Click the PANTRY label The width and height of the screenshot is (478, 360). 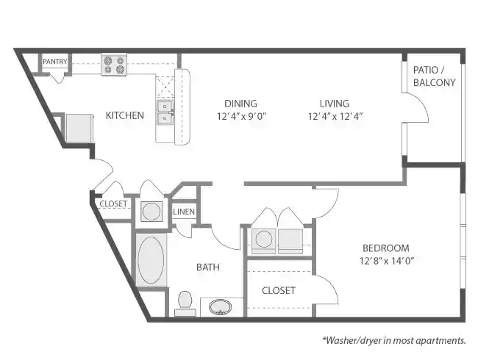[x=54, y=62]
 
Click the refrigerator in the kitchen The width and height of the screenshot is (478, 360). [x=78, y=127]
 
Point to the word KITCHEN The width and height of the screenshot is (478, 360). [x=124, y=115]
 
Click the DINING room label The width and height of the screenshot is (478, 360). [x=241, y=104]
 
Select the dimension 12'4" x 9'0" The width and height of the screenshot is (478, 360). [x=241, y=116]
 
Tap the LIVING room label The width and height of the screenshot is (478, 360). [x=334, y=104]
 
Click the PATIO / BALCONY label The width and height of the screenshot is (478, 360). [x=434, y=76]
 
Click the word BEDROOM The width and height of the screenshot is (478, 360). [x=385, y=248]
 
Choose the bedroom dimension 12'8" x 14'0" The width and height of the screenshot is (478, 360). [x=385, y=260]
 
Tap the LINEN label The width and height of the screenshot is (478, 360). [x=183, y=212]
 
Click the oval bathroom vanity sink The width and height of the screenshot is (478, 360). [x=218, y=306]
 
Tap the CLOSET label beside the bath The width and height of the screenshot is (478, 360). [x=279, y=290]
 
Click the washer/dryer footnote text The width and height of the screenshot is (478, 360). [x=393, y=340]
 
